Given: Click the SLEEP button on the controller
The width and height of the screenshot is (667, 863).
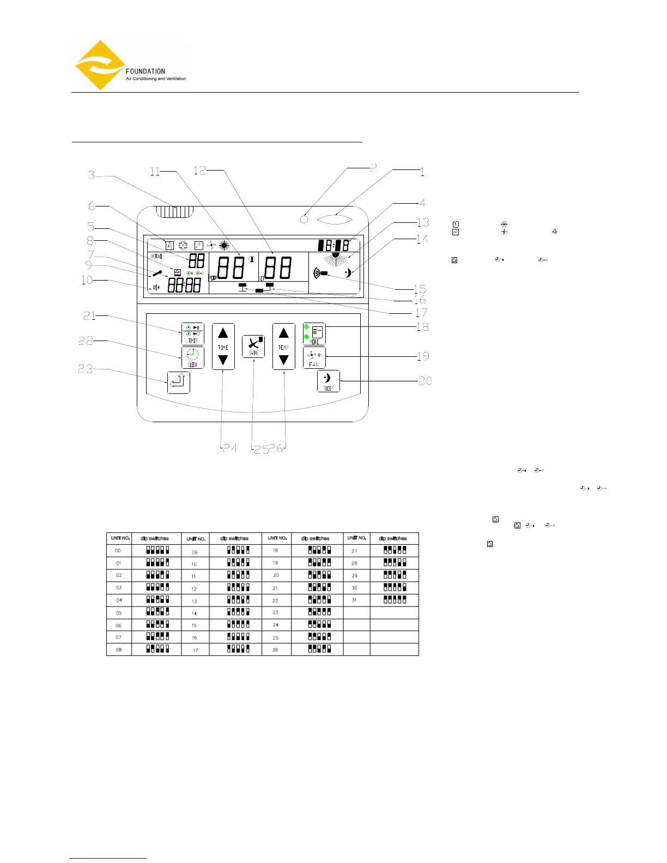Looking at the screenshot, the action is (328, 381).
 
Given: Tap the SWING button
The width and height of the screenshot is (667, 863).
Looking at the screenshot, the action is (253, 347).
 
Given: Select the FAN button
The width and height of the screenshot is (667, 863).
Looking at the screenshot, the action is (314, 358).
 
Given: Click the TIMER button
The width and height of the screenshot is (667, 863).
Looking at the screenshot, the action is (192, 333).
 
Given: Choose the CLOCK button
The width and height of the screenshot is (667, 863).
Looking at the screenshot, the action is (192, 357).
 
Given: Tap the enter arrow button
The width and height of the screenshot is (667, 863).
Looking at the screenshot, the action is (179, 382).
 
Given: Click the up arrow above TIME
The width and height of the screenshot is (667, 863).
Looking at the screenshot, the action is (223, 333).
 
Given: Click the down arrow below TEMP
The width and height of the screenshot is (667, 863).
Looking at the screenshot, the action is (283, 360).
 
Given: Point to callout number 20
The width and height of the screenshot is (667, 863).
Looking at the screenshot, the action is (425, 381).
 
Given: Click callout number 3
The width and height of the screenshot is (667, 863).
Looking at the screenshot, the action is (92, 175).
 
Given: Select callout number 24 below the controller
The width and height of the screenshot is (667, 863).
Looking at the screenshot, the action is (230, 448).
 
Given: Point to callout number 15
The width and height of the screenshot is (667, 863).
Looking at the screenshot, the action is (419, 289).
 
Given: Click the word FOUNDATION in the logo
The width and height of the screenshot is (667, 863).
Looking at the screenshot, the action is (145, 71).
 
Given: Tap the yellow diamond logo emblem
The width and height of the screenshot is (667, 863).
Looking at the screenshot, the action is (100, 65).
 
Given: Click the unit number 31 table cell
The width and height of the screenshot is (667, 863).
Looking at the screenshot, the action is (355, 600).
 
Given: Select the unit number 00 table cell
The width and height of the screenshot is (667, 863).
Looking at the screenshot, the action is (118, 550).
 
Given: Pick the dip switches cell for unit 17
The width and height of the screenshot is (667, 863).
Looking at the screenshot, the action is (238, 649).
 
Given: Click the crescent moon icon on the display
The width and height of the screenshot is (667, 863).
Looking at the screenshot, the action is (348, 273).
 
